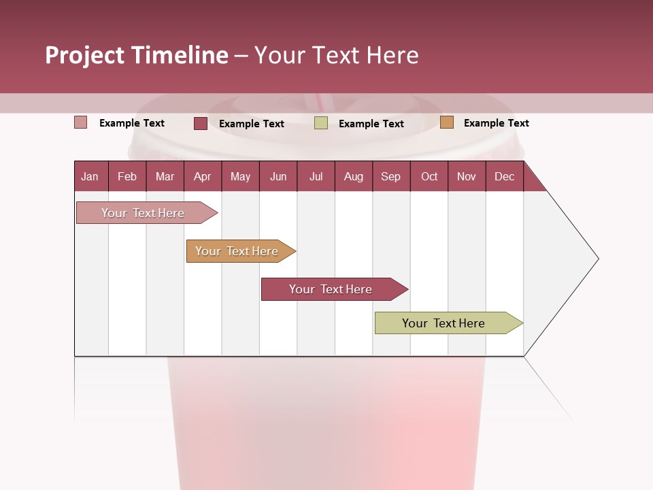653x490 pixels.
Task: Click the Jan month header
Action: (x=90, y=176)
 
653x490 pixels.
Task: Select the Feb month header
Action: (x=127, y=176)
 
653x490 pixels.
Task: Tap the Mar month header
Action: (x=165, y=176)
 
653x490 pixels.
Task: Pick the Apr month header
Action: (x=203, y=176)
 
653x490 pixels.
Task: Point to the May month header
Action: (x=240, y=176)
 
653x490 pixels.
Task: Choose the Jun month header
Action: (x=278, y=176)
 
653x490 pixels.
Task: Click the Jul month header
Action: (x=316, y=176)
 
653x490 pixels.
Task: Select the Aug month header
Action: (x=354, y=176)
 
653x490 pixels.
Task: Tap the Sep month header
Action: (x=391, y=176)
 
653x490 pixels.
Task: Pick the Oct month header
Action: (x=429, y=176)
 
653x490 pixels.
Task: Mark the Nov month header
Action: (x=467, y=176)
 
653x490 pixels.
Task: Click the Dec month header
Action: (x=505, y=176)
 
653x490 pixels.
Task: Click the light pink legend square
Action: (x=81, y=122)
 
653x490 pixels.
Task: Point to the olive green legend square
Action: (x=321, y=122)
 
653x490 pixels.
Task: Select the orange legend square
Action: (x=447, y=122)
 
